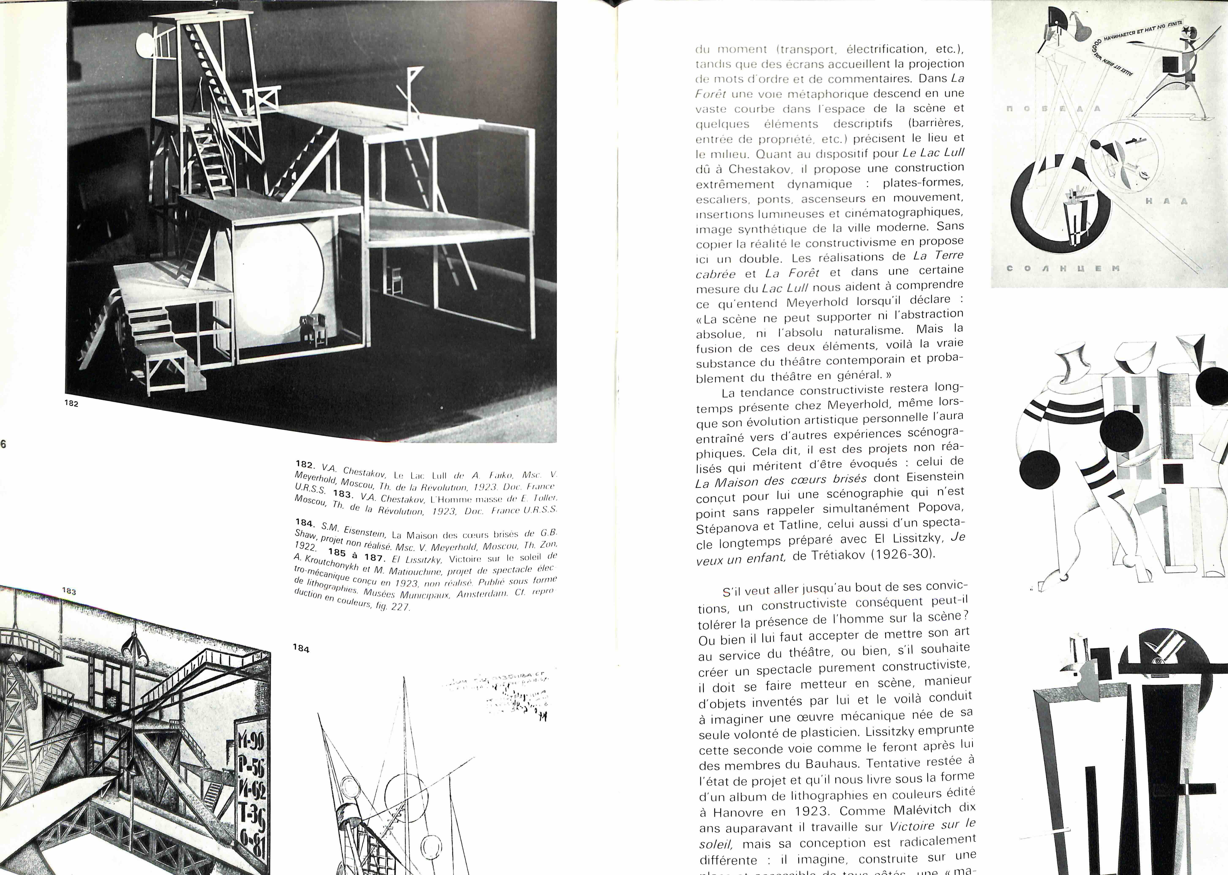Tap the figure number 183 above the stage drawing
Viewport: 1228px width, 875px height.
(x=69, y=591)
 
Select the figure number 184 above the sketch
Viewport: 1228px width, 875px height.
(x=301, y=649)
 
